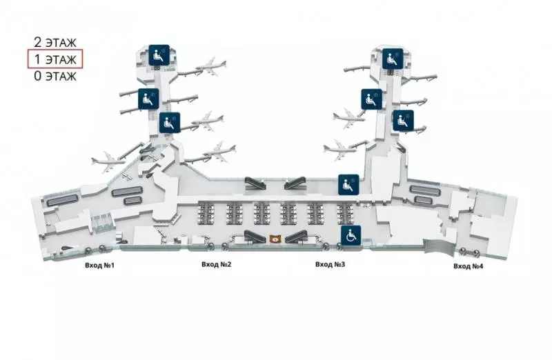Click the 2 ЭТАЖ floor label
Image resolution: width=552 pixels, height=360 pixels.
[55, 42]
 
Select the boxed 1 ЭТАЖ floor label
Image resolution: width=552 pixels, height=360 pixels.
[55, 59]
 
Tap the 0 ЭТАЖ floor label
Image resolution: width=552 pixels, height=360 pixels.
[55, 76]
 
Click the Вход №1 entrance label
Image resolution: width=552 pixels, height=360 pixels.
[99, 265]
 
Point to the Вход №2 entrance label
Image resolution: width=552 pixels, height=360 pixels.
[217, 264]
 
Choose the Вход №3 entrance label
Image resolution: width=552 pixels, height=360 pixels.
[330, 264]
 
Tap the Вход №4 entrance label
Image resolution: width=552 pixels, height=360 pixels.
[469, 266]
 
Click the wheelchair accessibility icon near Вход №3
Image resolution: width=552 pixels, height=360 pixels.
[351, 235]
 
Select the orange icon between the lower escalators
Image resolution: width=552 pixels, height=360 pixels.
[275, 239]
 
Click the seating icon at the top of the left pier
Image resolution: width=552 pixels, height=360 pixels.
[159, 55]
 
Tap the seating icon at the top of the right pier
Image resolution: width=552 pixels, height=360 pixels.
[393, 59]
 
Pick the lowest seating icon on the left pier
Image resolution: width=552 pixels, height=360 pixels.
[170, 123]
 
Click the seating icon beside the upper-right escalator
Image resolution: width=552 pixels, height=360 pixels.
[348, 185]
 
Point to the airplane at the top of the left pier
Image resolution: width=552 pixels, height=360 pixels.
[211, 66]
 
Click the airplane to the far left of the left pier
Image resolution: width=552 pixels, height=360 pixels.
[108, 162]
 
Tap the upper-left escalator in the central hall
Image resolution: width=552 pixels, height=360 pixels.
[255, 182]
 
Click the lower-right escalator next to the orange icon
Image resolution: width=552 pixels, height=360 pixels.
[296, 237]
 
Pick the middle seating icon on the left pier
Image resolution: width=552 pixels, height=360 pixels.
[148, 99]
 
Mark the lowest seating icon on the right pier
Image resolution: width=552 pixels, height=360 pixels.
[403, 121]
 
